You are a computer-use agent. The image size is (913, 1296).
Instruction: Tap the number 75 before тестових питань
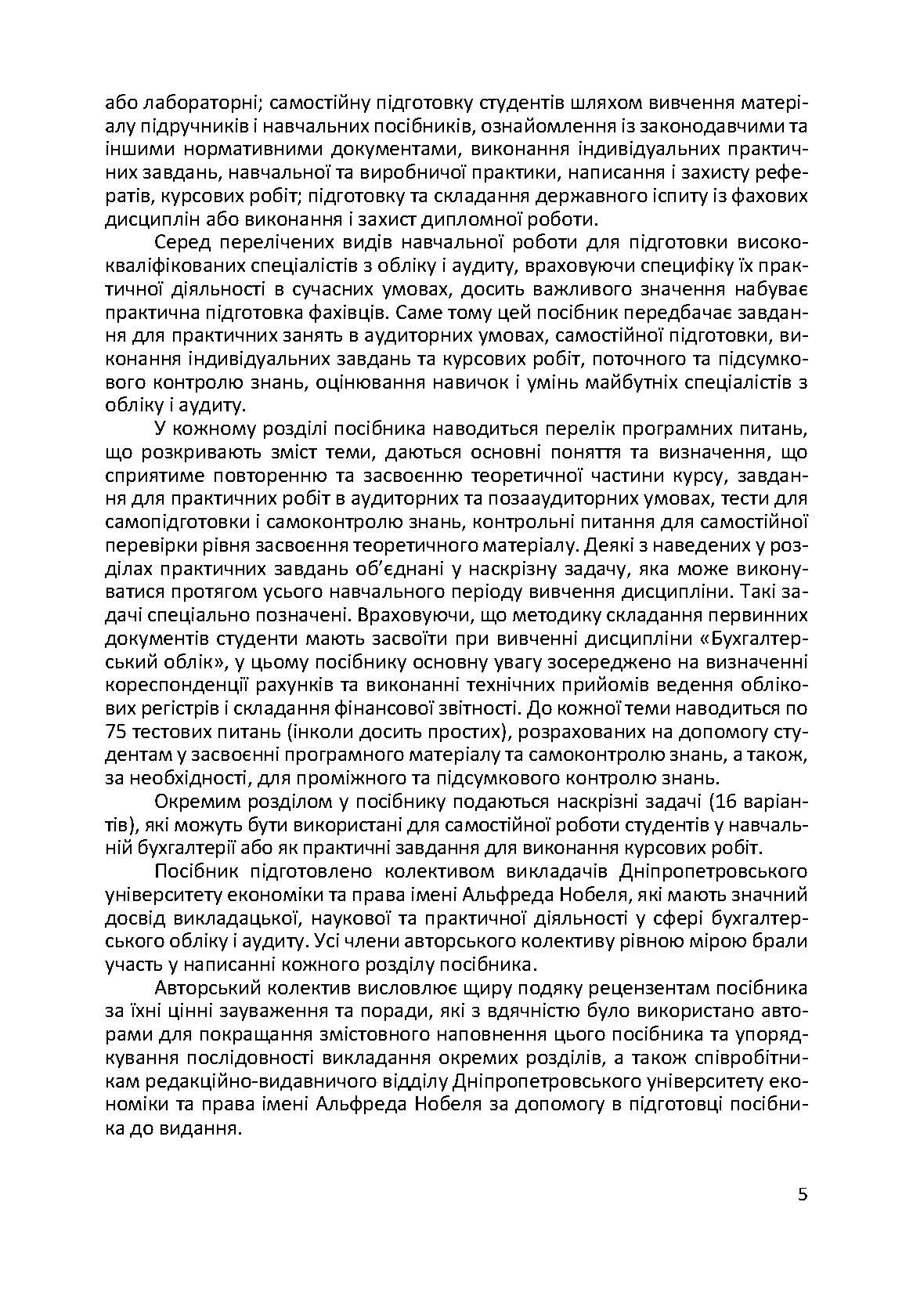(x=117, y=732)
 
